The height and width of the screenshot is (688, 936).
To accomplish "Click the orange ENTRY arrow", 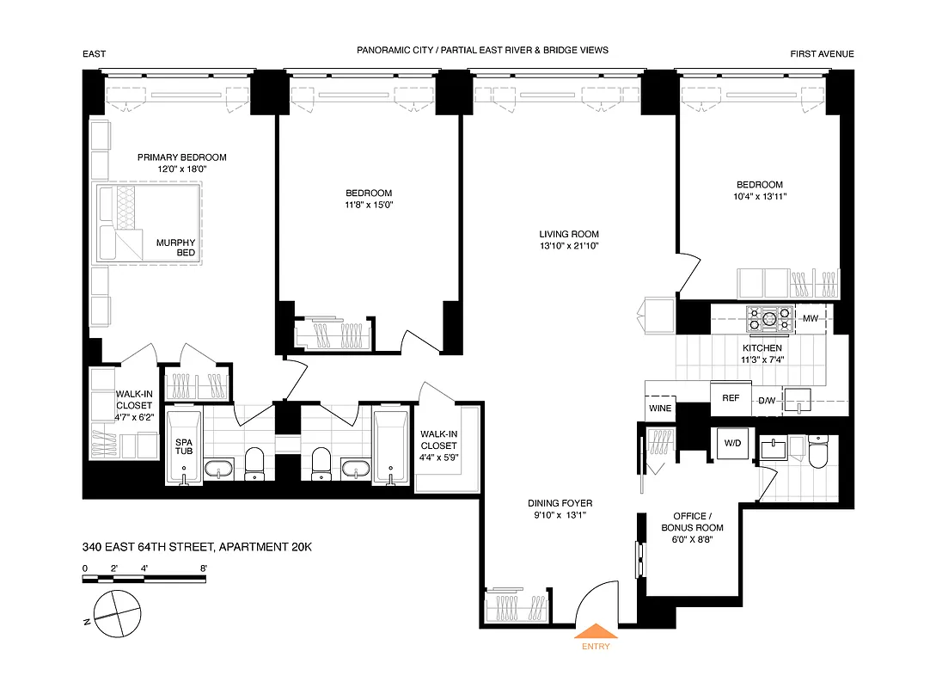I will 595,632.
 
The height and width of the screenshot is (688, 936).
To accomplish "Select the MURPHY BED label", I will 175,248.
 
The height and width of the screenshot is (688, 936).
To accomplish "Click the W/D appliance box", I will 732,444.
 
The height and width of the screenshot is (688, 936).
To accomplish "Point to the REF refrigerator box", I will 731,398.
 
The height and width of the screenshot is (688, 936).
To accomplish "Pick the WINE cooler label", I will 660,408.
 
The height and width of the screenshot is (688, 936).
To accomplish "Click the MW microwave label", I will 810,319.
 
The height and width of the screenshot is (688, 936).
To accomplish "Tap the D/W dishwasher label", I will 767,400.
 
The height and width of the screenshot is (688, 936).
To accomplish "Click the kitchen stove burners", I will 769,319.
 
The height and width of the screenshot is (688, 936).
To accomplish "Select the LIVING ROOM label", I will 569,234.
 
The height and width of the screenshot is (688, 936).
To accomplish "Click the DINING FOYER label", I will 560,503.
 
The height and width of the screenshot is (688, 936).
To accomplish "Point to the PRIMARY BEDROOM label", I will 182,157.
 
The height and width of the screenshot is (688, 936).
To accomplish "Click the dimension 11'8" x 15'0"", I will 369,205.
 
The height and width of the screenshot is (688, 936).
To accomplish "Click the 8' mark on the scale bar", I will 203,568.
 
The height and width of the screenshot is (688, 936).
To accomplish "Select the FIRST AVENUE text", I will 822,54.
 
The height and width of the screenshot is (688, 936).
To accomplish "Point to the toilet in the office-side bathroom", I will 817,455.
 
